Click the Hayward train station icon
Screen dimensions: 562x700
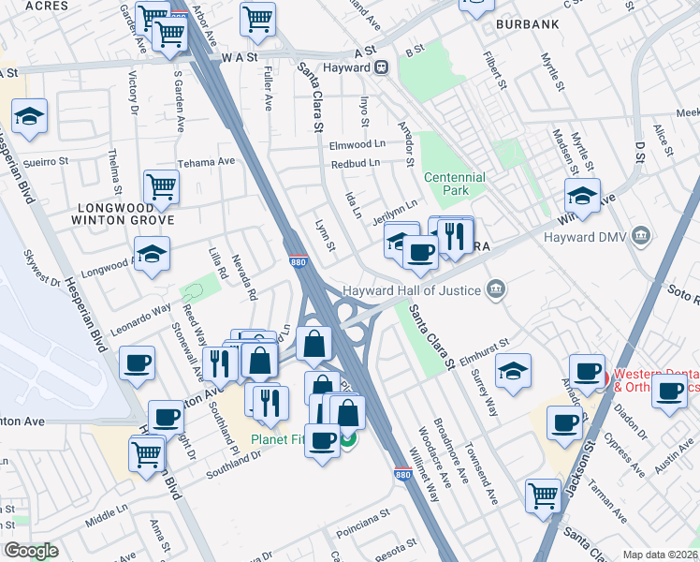pos(382,67)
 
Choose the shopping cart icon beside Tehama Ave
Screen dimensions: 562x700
pos(162,187)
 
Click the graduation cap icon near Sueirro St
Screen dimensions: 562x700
pos(30,117)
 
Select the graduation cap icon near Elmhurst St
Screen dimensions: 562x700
pos(513,372)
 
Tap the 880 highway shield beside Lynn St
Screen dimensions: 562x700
pos(297,263)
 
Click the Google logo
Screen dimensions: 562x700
pos(31,551)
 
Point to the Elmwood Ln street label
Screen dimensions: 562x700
pos(357,145)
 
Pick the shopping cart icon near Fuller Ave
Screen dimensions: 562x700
pos(257,18)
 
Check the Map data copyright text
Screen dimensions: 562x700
pos(660,555)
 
